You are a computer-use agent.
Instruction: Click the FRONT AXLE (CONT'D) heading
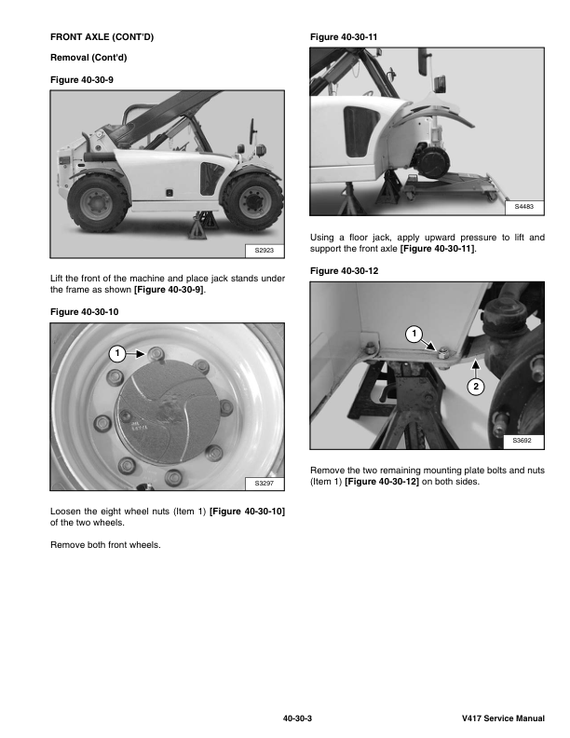pos(102,36)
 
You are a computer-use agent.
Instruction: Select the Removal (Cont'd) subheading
pos(88,58)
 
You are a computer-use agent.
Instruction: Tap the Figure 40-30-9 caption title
pos(82,80)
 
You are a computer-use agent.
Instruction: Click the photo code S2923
pos(265,251)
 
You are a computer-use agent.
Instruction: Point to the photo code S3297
pos(265,483)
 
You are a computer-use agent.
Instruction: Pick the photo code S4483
pos(524,207)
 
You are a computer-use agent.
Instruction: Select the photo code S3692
pos(522,441)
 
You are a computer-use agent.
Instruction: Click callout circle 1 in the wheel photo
pos(117,353)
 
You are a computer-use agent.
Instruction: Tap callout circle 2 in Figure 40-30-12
pos(476,387)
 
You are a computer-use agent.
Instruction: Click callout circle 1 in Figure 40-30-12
pos(414,335)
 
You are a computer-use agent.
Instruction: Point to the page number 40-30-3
pos(297,718)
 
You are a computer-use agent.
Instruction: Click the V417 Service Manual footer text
pos(503,718)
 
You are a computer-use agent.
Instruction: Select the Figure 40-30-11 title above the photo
pos(344,37)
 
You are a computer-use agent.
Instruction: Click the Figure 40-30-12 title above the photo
pos(344,271)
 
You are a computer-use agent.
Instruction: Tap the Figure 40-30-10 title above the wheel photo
pos(84,312)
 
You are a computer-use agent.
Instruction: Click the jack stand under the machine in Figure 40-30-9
pos(200,225)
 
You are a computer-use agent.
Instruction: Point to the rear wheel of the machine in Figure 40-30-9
pos(98,203)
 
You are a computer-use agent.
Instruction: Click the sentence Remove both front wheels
pos(105,545)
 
